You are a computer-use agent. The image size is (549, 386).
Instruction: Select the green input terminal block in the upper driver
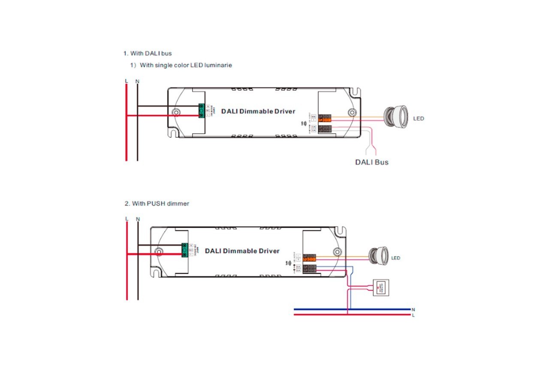(201, 111)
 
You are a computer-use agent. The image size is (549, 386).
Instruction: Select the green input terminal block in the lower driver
(185, 250)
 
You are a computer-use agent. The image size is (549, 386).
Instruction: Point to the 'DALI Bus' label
(371, 163)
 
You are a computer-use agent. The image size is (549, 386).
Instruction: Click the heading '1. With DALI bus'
(148, 53)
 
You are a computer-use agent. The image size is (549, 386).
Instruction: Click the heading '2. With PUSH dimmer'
(157, 203)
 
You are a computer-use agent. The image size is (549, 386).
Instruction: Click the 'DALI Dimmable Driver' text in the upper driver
(258, 111)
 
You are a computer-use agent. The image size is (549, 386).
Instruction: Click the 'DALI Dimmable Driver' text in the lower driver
(242, 251)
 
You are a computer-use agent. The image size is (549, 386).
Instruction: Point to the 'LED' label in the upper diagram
(419, 118)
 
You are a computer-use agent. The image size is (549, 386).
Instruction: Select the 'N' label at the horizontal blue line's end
(413, 309)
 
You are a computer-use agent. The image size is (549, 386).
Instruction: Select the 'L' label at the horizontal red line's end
(413, 315)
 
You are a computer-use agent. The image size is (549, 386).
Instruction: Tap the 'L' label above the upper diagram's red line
(126, 81)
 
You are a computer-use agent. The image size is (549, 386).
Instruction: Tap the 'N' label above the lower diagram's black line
(138, 219)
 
